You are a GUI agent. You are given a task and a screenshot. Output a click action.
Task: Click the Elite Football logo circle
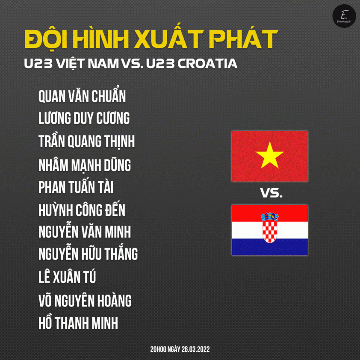[344, 16]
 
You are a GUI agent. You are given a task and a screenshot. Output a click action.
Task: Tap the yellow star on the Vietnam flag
[270, 155]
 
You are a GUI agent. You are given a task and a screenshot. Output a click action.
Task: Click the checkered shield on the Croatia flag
[270, 231]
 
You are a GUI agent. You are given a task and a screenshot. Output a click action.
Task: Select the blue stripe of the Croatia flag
[270, 247]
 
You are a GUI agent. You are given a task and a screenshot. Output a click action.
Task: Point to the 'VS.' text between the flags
[271, 193]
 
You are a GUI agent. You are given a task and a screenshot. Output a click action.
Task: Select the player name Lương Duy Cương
[84, 118]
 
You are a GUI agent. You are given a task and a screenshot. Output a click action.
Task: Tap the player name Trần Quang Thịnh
[86, 141]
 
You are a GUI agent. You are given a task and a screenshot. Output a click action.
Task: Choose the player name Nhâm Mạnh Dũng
[85, 165]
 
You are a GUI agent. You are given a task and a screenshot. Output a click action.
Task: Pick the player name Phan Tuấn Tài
[76, 187]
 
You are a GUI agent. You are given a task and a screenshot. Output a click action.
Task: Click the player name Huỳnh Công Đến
[82, 210]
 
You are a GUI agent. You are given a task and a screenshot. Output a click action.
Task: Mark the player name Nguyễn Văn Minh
[85, 231]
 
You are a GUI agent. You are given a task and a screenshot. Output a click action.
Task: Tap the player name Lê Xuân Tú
[67, 277]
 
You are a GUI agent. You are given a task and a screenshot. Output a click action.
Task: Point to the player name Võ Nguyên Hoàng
[85, 300]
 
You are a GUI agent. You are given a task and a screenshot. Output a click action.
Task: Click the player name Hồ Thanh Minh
[78, 322]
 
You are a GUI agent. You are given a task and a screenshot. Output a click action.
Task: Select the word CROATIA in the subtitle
[207, 64]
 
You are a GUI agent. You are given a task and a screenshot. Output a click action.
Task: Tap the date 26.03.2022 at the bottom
[196, 349]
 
